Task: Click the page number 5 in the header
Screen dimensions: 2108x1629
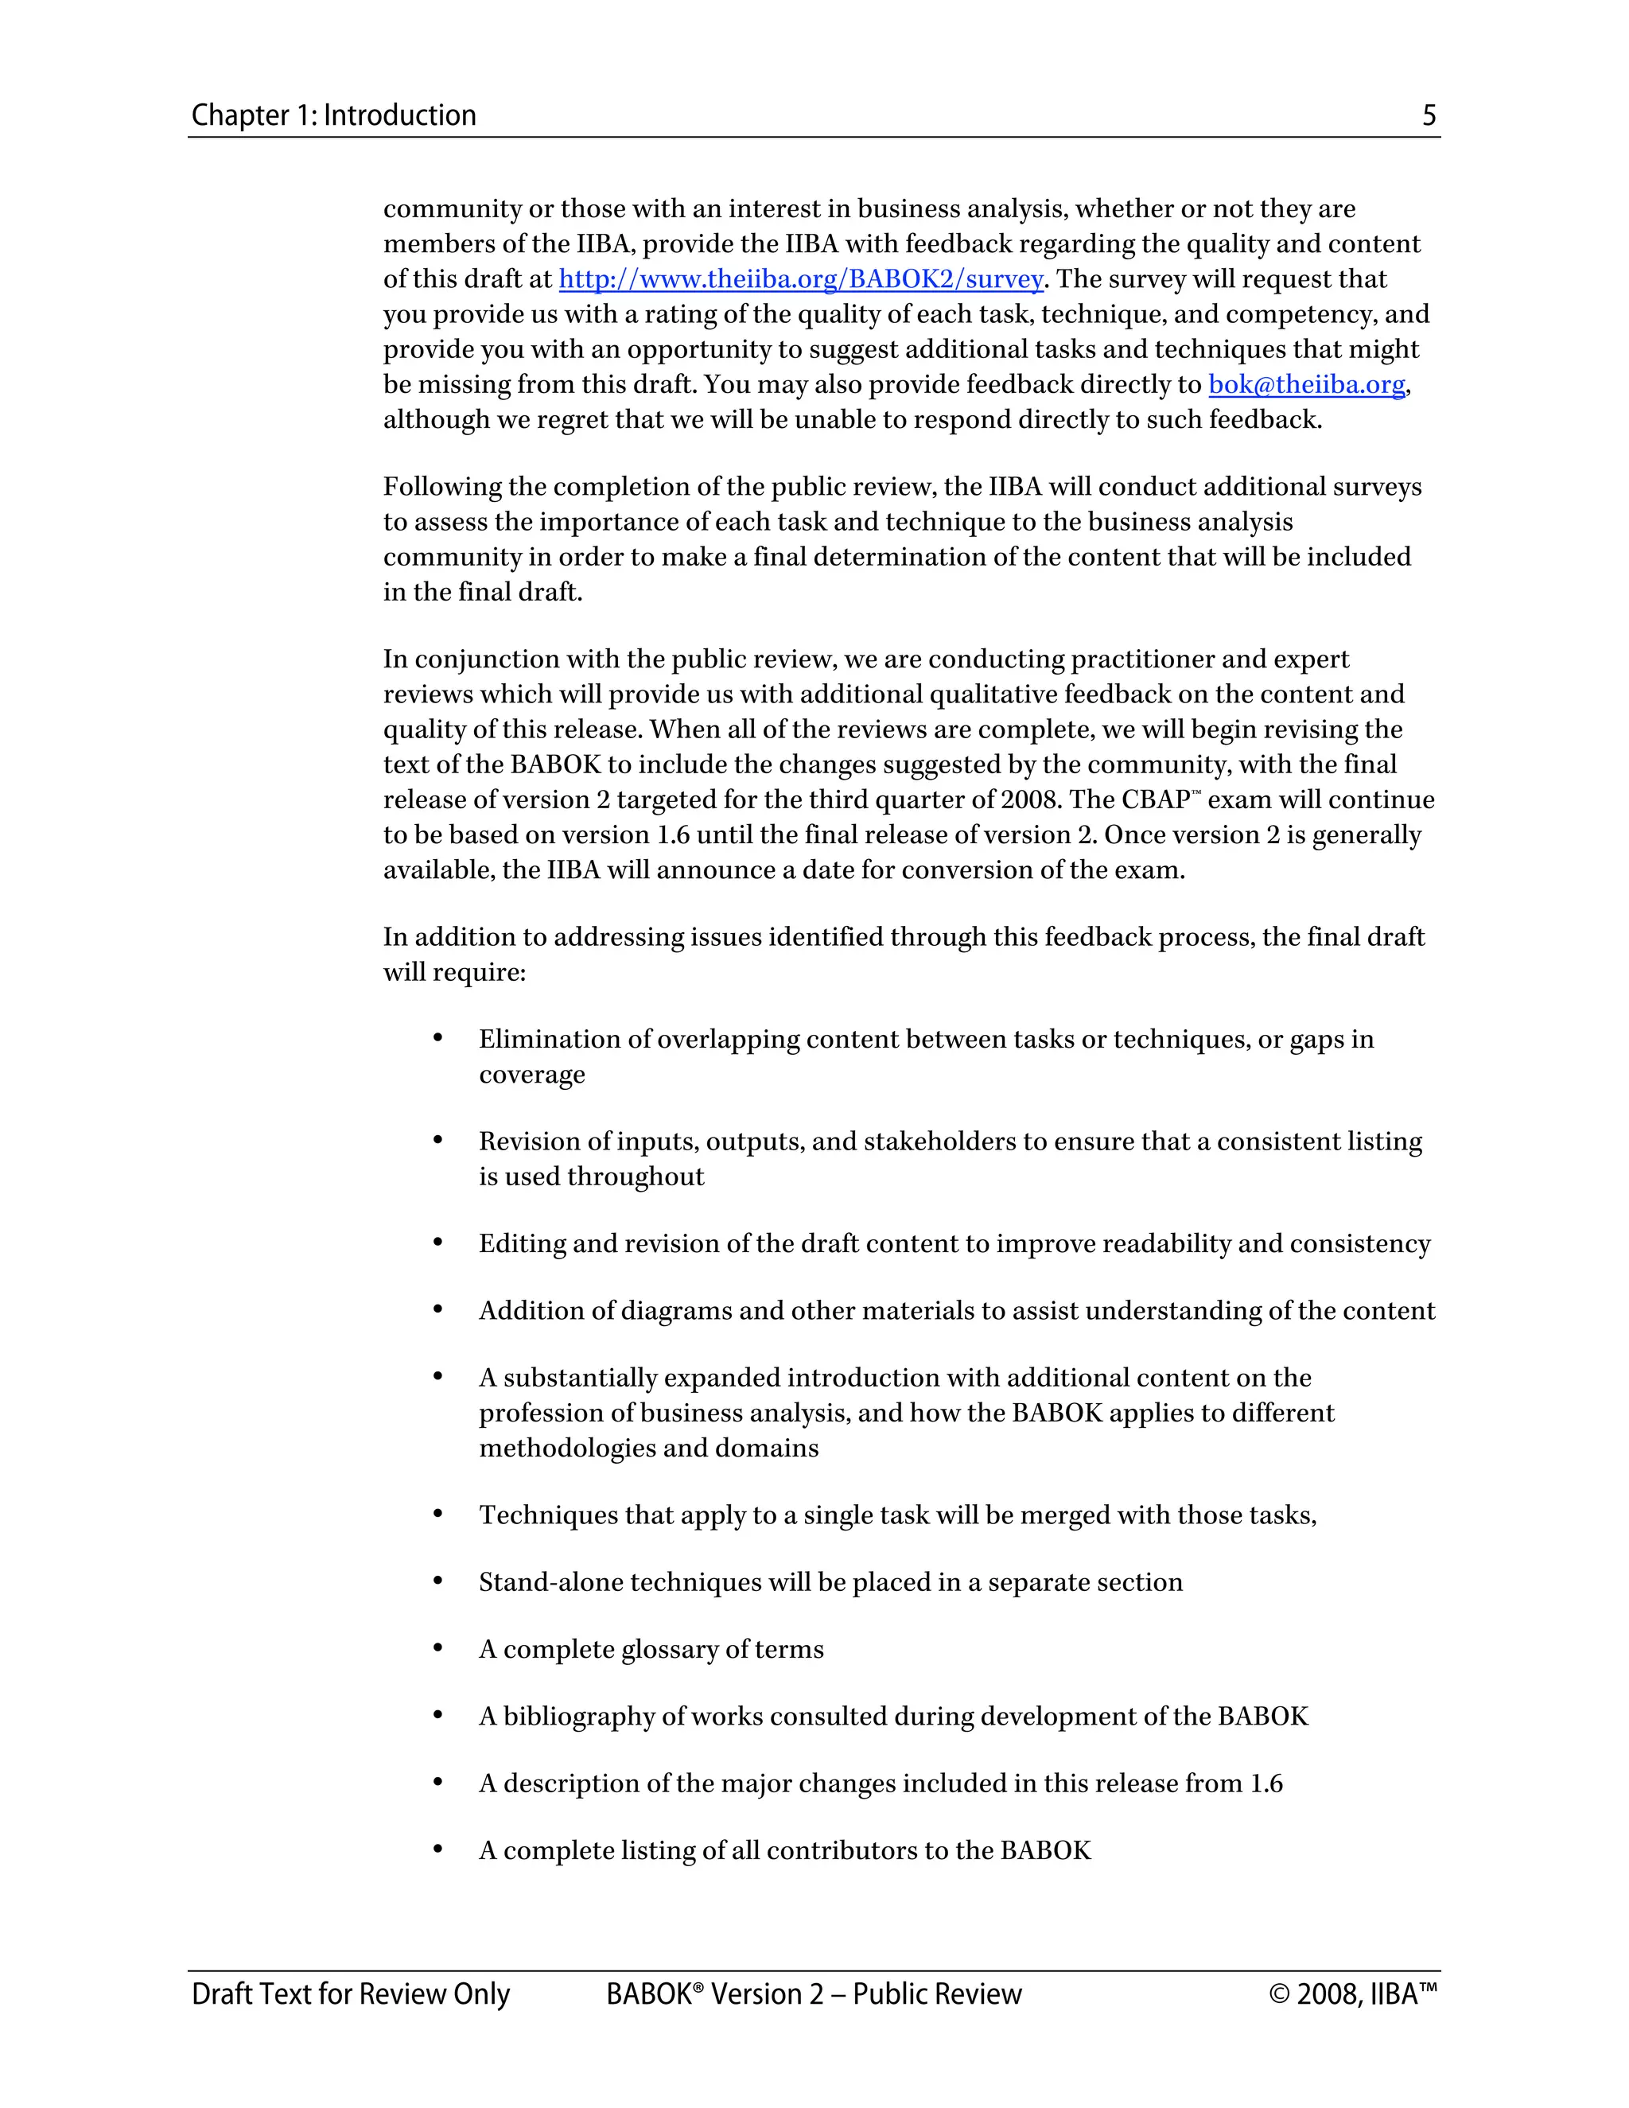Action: [x=1429, y=116]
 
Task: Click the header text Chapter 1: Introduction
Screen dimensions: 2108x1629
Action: [x=333, y=116]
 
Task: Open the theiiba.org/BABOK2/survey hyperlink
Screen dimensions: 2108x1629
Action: [x=800, y=280]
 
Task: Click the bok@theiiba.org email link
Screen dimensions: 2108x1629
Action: [x=1306, y=385]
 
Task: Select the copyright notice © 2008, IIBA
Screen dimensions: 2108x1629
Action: [x=1352, y=1993]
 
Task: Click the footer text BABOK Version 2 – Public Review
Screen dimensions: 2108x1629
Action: [x=814, y=1993]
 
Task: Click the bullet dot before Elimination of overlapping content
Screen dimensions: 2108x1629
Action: [x=437, y=1039]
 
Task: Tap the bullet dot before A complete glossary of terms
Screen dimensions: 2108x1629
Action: [x=437, y=1648]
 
